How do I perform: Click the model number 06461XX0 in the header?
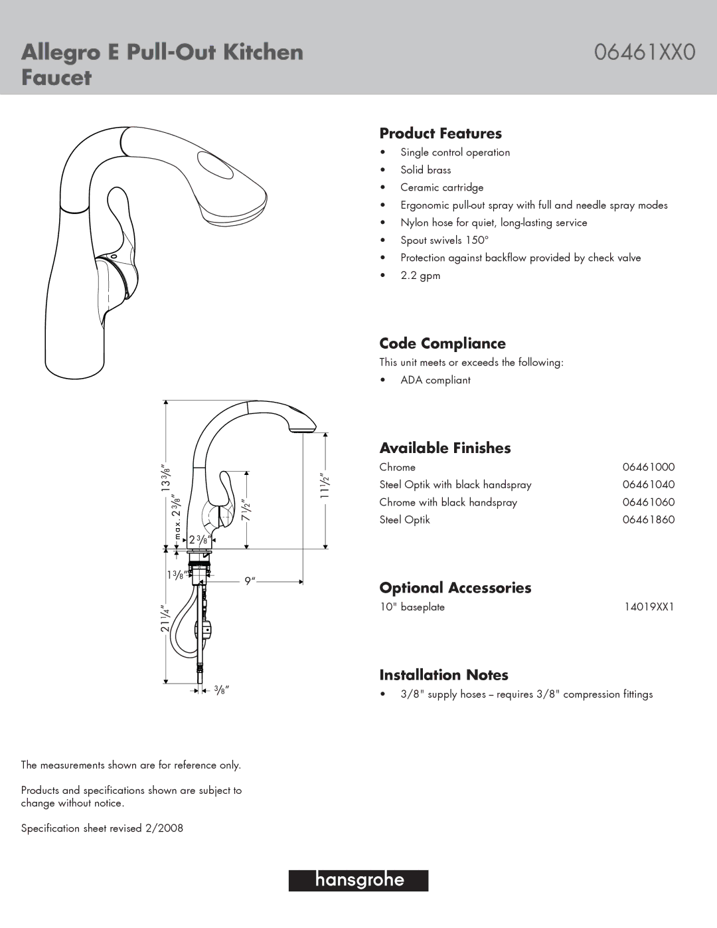644,52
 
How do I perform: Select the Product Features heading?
440,134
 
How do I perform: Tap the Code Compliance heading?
442,343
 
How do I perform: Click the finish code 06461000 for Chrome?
648,467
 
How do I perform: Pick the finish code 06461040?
648,485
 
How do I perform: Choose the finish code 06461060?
648,502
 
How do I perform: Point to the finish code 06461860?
648,519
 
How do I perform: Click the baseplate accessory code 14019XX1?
649,606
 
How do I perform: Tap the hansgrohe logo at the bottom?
358,880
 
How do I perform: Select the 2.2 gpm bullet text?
420,276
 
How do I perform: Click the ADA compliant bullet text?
435,380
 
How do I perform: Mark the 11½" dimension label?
325,486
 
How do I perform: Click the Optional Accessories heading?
455,588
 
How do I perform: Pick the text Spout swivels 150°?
444,240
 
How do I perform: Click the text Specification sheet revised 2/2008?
102,828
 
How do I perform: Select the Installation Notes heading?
443,675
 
